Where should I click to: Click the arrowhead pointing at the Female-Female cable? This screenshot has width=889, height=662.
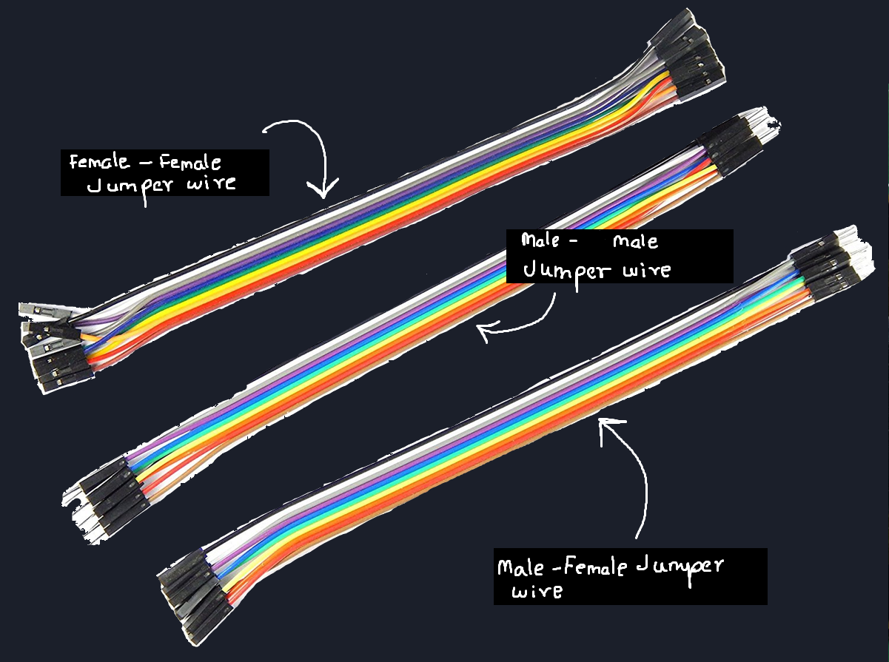click(x=323, y=192)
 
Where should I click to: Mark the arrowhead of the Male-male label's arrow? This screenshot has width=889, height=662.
click(x=484, y=333)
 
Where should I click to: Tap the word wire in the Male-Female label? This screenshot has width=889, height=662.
click(x=537, y=592)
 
